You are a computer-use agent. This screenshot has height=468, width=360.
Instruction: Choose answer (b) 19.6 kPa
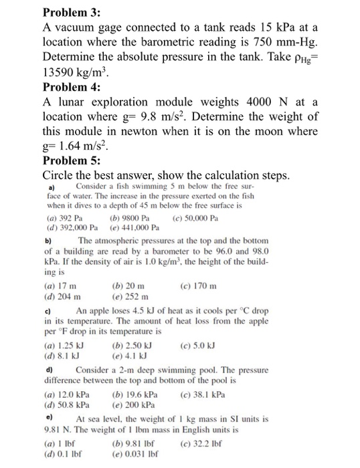(x=137, y=395)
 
